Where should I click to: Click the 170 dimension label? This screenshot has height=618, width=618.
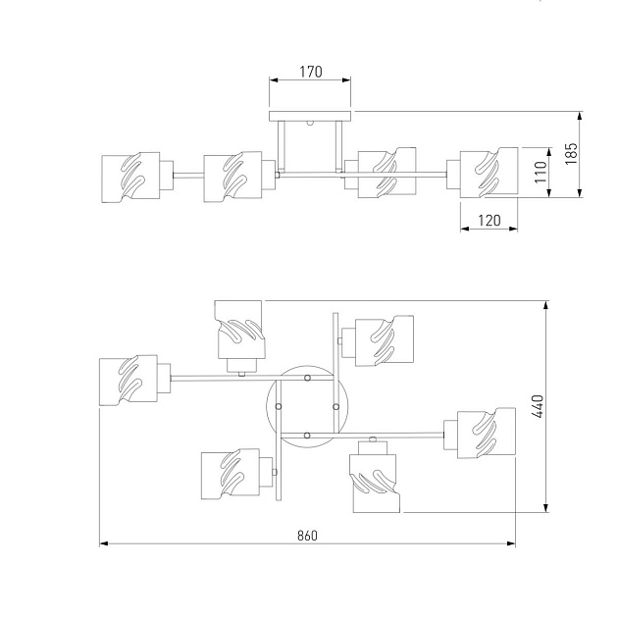coord(309,73)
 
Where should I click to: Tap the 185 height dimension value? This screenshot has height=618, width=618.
coord(573,153)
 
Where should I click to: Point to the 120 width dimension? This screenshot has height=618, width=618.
coord(488,222)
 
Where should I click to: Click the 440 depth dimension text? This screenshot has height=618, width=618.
coord(538,407)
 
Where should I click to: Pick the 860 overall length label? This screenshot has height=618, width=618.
coord(307,536)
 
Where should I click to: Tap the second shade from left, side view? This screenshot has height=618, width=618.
coord(233,177)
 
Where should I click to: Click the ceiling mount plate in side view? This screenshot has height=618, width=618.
coord(310,117)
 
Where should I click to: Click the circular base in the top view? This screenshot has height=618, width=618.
coord(306,404)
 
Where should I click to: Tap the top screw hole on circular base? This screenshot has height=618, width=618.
coord(307,378)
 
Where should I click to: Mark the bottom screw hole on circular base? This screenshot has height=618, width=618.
coord(307,434)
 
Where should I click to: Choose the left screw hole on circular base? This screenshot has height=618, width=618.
coord(279,406)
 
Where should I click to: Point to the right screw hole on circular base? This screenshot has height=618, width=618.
coord(335,406)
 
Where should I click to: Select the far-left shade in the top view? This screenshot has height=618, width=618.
coord(129,382)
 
